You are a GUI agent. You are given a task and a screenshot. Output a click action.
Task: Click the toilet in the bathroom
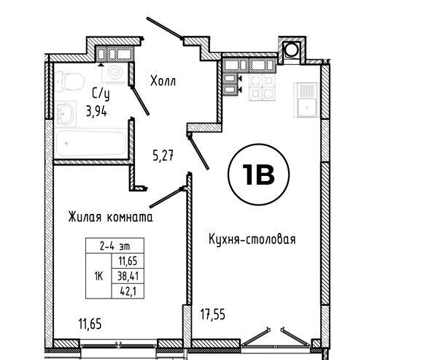point(69,82)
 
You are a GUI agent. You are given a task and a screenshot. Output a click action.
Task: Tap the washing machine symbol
point(115,72)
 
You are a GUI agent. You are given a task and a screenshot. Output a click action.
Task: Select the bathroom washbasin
point(66,114)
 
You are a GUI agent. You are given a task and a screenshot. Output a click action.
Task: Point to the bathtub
point(90,143)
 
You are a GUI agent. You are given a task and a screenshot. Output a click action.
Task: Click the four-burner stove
point(262,88)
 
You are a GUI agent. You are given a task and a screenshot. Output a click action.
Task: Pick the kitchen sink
point(306,100)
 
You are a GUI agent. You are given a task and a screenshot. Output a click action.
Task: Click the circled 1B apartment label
point(258,175)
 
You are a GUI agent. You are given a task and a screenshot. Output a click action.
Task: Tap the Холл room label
point(163,81)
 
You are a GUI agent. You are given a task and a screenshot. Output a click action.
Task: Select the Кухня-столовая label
point(252,239)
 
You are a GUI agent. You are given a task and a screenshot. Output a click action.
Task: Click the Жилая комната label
point(110,217)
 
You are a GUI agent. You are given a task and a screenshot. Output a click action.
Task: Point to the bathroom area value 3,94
point(96,112)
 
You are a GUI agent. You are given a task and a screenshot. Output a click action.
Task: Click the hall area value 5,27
point(163,156)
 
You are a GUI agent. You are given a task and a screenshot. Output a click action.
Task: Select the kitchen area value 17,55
point(213,315)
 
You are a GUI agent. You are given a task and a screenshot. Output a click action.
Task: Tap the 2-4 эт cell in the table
point(115,246)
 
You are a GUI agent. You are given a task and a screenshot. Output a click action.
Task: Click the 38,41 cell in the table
point(128,276)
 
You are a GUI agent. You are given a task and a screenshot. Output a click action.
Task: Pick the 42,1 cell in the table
point(128,291)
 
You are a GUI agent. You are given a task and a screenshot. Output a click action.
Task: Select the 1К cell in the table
point(98,276)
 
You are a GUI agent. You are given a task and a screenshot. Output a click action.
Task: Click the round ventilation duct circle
point(292,50)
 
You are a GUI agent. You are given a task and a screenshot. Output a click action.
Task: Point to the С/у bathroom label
point(101,94)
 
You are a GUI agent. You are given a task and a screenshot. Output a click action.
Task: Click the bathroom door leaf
point(140,100)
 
